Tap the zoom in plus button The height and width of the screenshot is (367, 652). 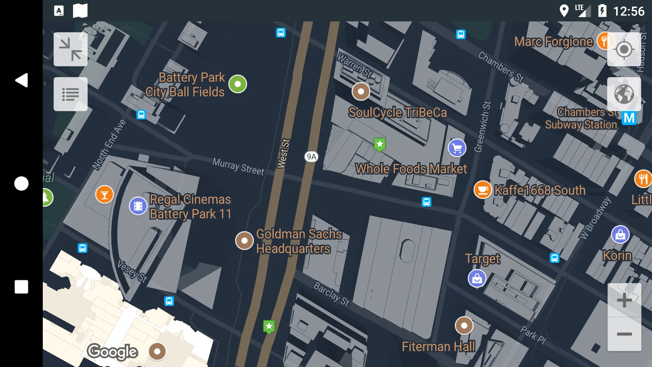[x=624, y=300]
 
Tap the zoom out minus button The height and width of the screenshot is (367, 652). [x=624, y=334]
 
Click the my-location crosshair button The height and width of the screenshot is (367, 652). [x=624, y=50]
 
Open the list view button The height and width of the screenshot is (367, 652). [x=71, y=94]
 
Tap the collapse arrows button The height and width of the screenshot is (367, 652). [x=71, y=49]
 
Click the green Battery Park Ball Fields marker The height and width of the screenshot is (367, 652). [x=238, y=84]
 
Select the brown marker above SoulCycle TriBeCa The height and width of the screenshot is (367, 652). [x=361, y=91]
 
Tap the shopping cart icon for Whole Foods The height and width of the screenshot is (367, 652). [x=457, y=148]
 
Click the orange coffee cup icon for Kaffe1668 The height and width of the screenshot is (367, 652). [x=483, y=190]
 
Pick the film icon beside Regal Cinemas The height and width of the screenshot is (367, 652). [x=138, y=206]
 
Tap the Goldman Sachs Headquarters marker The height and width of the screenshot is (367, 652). [x=244, y=241]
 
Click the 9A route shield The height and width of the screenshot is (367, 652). [x=311, y=157]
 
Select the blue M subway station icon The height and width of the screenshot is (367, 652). [x=629, y=118]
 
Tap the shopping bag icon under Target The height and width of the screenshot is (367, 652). [x=477, y=279]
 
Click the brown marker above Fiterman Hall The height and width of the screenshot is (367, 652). [x=464, y=326]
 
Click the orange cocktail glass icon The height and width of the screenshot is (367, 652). [x=105, y=194]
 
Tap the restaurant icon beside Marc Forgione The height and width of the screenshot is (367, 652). [x=605, y=41]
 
